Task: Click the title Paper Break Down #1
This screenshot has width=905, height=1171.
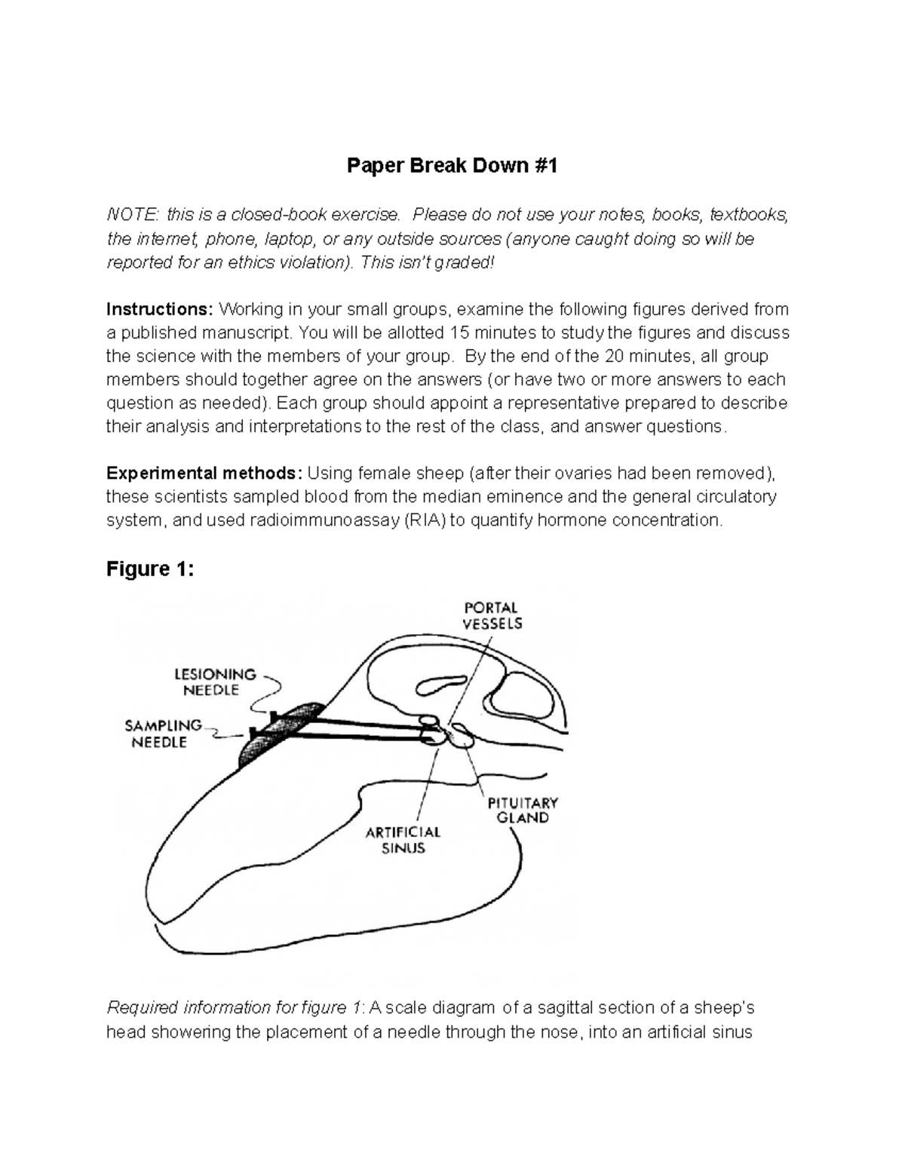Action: (452, 166)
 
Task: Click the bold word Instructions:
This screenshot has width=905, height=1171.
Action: (160, 309)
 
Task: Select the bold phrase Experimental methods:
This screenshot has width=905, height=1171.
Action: (204, 474)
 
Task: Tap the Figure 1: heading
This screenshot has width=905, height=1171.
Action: (150, 569)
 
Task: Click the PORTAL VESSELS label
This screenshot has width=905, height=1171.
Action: (492, 615)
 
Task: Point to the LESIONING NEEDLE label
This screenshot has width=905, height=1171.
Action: (216, 682)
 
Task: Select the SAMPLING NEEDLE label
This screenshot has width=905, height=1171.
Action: (163, 734)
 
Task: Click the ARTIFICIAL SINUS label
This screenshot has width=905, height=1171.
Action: (403, 839)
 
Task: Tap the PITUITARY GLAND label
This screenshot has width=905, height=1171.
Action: (522, 810)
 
